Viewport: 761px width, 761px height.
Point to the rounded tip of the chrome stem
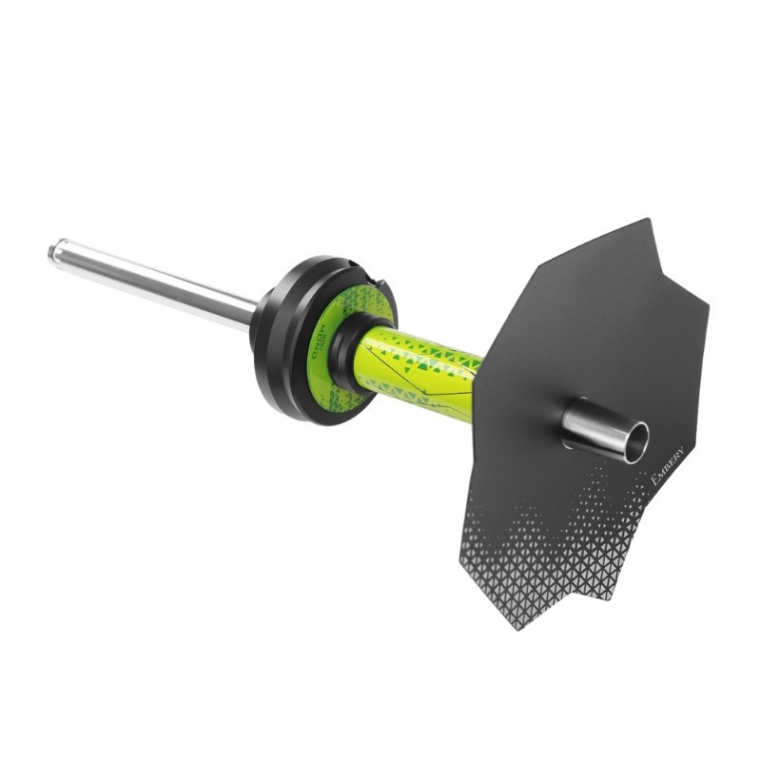click(x=54, y=252)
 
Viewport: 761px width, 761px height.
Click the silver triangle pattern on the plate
click(x=552, y=561)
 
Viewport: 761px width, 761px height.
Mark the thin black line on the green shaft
click(x=419, y=380)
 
